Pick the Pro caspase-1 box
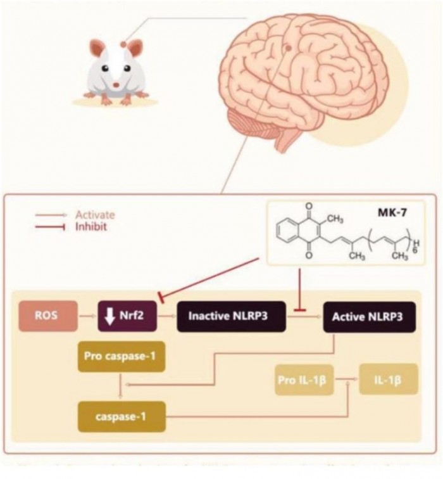(x=120, y=357)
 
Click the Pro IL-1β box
(x=304, y=380)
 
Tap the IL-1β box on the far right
(x=389, y=380)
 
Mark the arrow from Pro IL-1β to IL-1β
(x=346, y=380)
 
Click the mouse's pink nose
(x=116, y=84)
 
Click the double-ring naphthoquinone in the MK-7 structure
(x=295, y=233)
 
